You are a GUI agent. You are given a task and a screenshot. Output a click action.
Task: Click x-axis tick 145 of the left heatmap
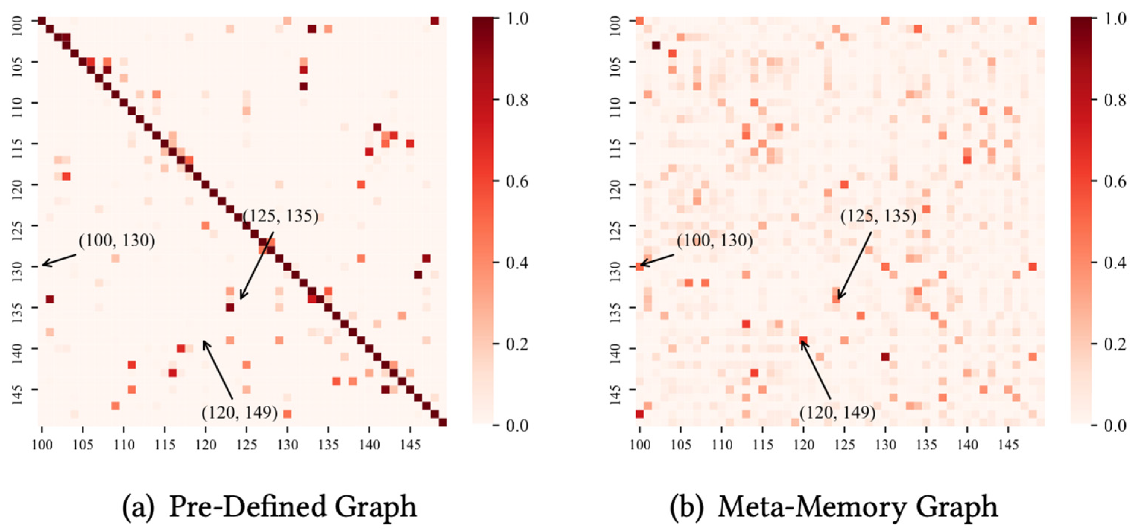tap(410, 445)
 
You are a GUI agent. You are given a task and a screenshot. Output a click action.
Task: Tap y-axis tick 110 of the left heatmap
tap(18, 102)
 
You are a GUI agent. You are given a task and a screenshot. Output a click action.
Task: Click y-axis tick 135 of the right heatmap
tap(615, 307)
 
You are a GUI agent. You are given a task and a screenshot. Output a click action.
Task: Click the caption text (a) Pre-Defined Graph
tap(269, 507)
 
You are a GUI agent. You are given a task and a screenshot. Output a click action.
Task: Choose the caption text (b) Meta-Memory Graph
tap(833, 507)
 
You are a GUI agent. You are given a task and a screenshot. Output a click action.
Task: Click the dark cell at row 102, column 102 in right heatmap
tap(656, 45)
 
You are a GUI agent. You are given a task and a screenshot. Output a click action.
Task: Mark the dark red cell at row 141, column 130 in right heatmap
tap(885, 356)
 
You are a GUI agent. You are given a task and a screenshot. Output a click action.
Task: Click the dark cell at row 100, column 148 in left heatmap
tap(435, 21)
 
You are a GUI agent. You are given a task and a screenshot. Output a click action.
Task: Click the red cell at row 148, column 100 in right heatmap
tap(640, 414)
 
